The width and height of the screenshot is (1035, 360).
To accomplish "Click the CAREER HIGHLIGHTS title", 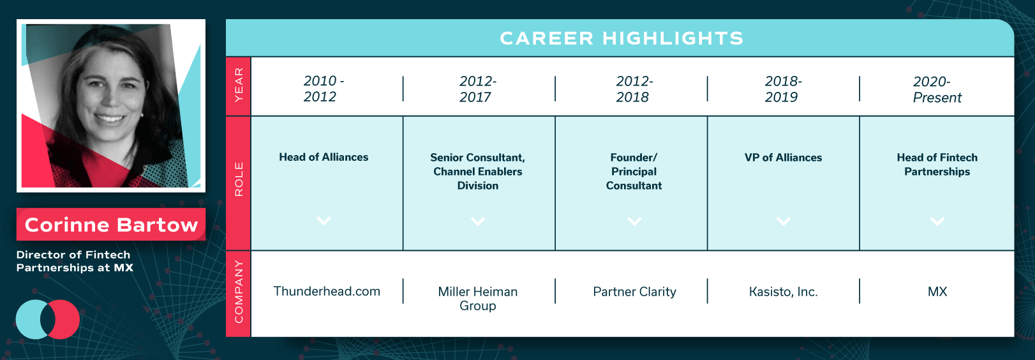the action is coord(622,38).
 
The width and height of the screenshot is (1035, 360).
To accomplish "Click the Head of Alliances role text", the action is coord(324,157).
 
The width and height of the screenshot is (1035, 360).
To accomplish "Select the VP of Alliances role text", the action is coord(783,158).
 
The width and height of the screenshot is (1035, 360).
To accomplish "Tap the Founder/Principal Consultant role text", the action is coord(634,172).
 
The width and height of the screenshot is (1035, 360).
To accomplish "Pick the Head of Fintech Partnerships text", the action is coord(937,165).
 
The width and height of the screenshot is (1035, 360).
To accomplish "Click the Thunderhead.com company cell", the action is coord(327,291).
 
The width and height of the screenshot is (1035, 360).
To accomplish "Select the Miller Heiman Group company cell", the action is coord(478,299).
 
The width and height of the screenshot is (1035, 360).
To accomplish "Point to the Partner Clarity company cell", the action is coord(634,292).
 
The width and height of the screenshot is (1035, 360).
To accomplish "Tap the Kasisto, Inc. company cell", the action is coord(783,292).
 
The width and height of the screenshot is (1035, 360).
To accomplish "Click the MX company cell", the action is coord(937,292).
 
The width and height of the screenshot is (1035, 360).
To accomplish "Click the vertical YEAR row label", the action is coord(239,85).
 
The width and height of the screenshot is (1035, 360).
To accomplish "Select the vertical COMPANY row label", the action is coord(239,292).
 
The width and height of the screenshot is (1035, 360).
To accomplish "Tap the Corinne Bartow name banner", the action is coord(111,225).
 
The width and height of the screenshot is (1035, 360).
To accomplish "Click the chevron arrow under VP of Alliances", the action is coord(783,221).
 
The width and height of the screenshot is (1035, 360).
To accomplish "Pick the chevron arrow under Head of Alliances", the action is coord(324,220).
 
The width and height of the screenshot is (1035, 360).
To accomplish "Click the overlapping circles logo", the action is coord(48,319).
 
